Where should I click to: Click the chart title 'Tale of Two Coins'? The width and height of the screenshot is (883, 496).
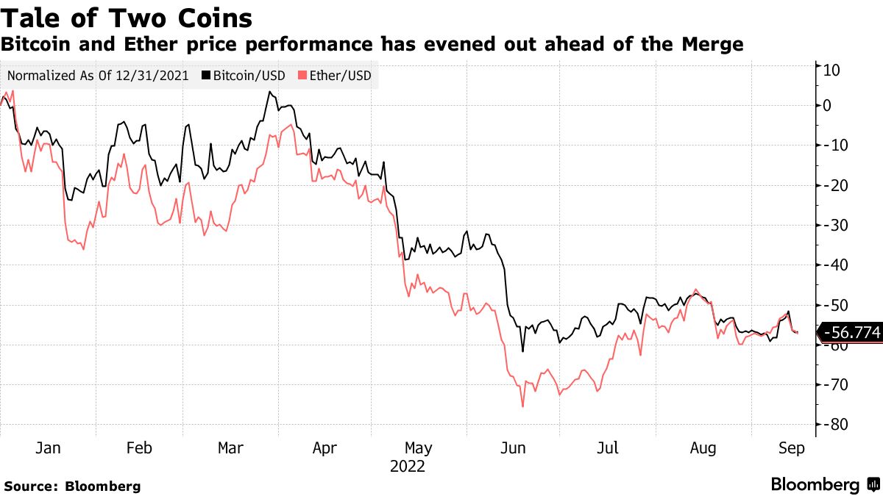(x=127, y=18)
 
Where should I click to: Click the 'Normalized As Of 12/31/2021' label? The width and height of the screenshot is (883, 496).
(x=99, y=75)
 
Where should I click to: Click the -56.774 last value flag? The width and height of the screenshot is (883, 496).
(x=851, y=333)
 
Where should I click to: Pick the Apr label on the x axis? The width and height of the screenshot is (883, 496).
(x=325, y=448)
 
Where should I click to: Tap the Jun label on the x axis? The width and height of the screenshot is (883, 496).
(x=513, y=448)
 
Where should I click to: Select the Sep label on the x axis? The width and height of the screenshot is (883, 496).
(x=792, y=448)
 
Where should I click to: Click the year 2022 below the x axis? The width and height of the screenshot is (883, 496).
(x=408, y=466)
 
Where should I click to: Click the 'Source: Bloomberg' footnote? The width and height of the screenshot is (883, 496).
(x=72, y=486)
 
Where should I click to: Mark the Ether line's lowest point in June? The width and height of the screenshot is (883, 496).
(x=522, y=406)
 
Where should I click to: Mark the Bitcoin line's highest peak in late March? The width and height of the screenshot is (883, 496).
(x=269, y=92)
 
